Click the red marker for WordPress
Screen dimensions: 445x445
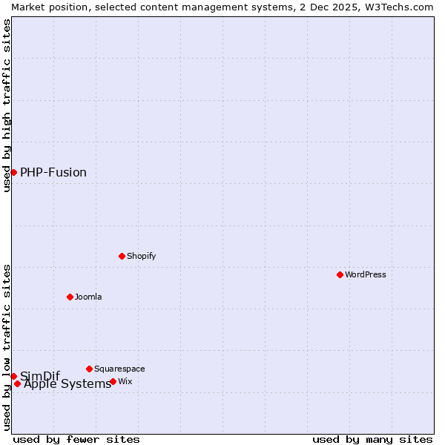(x=340, y=274)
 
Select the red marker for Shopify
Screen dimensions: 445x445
(x=122, y=256)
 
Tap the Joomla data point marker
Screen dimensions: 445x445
(x=70, y=297)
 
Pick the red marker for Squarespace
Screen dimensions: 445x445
(x=89, y=369)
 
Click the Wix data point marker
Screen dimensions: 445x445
(x=113, y=381)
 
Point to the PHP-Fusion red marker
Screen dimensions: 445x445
(x=13, y=172)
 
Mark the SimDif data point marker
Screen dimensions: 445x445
(x=13, y=376)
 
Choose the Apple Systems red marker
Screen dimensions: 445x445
(x=17, y=383)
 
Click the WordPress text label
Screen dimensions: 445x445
(x=366, y=274)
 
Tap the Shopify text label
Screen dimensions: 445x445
(x=142, y=256)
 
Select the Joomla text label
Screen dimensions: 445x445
(x=88, y=297)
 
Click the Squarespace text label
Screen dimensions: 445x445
(x=119, y=369)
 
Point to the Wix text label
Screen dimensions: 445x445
(x=125, y=381)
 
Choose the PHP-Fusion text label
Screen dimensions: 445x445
(x=53, y=172)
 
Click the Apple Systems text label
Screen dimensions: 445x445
(x=67, y=384)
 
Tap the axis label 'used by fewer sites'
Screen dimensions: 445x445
(x=76, y=439)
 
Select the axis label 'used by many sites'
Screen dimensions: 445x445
(x=372, y=439)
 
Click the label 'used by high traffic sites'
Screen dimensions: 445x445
(x=7, y=105)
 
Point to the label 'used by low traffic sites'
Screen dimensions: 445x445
(x=7, y=346)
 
